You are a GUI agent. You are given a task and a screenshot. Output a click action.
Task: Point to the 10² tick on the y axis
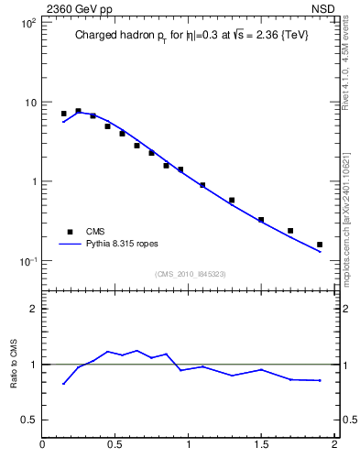point(27,22)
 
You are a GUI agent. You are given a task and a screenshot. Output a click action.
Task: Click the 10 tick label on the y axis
point(29,102)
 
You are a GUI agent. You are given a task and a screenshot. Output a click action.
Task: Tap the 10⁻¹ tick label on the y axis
point(27,261)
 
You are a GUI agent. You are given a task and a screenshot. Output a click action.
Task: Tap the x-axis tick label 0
point(43,446)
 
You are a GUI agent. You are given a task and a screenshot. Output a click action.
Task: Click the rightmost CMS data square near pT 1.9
point(320,245)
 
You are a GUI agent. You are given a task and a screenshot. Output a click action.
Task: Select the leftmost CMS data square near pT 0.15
point(63,114)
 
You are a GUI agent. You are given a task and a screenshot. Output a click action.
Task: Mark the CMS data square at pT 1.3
point(232,200)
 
